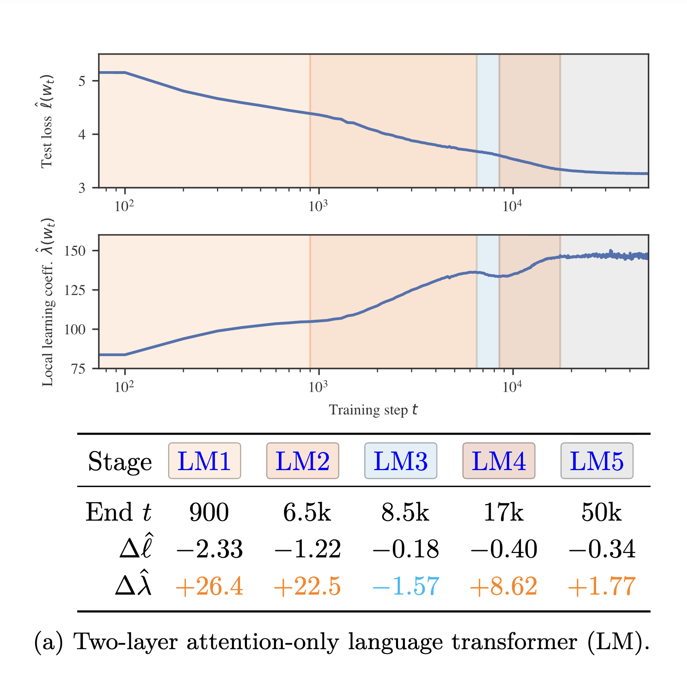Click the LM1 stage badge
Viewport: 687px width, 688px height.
pos(204,461)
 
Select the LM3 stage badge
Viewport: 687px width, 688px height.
pos(400,461)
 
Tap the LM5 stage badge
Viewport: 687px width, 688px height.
pos(596,461)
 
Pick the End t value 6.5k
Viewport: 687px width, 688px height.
pos(307,513)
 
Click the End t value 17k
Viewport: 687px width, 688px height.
pos(503,513)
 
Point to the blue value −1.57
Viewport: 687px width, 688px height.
pos(406,586)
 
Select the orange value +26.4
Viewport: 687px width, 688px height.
pos(209,586)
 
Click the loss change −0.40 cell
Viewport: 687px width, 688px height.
pos(504,549)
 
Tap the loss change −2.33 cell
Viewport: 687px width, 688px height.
pos(209,549)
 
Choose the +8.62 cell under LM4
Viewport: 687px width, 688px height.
pos(504,586)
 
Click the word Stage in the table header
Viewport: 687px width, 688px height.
pos(120,462)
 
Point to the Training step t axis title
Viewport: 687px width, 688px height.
pos(373,410)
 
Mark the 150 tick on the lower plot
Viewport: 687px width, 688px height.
pos(75,251)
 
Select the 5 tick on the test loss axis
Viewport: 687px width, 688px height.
pos(82,81)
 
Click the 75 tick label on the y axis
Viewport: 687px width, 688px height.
pos(78,369)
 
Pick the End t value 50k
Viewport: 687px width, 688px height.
pos(601,513)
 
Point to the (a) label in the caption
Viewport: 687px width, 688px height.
pos(48,642)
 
